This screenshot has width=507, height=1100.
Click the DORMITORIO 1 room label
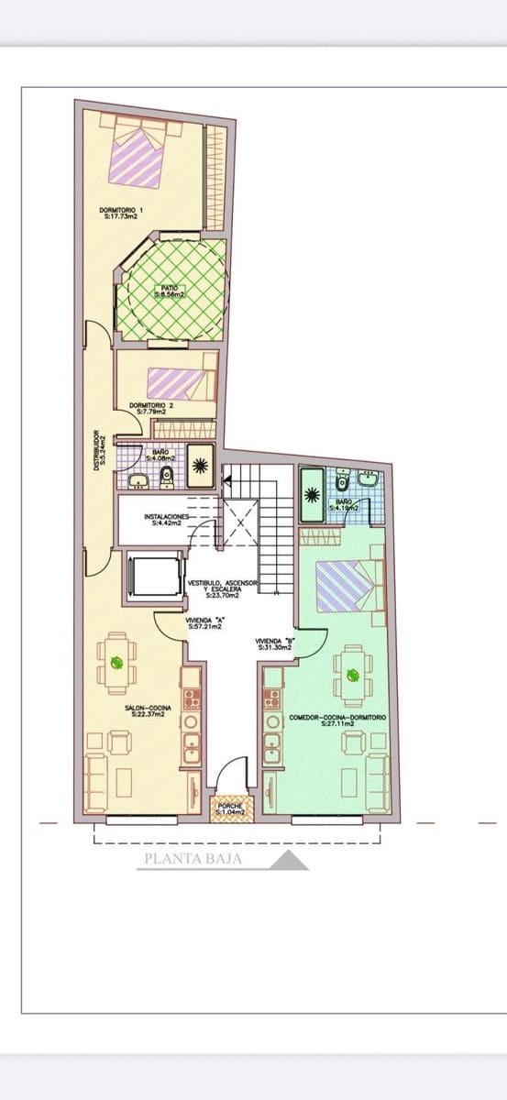coord(122,214)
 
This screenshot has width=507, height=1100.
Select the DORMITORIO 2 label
coord(149,408)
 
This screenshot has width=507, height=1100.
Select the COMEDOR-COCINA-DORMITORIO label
coord(337,720)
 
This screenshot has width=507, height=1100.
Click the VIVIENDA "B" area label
coord(273,643)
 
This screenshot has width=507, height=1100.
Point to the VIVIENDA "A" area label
coord(205,623)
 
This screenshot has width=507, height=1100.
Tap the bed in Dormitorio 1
coord(139,156)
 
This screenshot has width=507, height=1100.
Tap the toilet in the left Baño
coord(167,475)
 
